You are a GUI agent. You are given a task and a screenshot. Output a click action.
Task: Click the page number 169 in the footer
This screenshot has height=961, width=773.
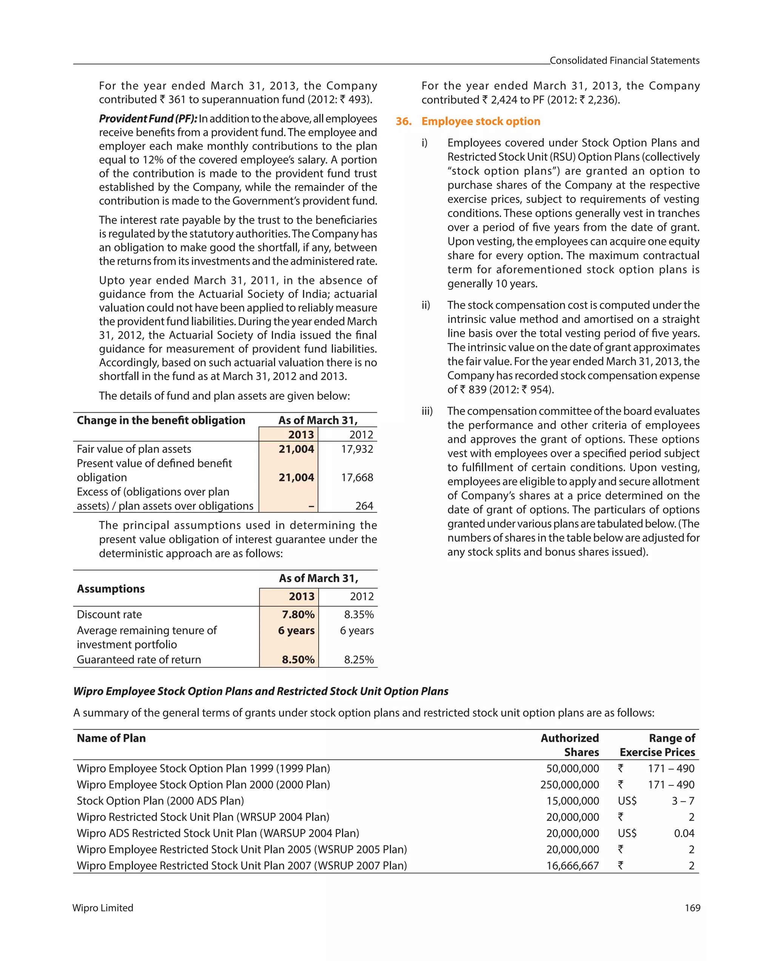(x=692, y=908)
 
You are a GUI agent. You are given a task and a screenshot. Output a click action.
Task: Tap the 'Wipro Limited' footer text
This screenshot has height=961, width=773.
(x=103, y=908)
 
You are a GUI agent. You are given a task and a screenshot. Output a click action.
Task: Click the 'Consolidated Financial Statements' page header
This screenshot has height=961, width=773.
(x=624, y=61)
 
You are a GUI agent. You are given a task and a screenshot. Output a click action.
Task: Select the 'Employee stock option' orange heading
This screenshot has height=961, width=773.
(x=480, y=121)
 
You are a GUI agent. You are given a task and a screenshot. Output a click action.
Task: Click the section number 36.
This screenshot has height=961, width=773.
(x=403, y=121)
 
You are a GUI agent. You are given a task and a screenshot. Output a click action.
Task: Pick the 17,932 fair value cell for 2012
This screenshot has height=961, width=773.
(x=357, y=449)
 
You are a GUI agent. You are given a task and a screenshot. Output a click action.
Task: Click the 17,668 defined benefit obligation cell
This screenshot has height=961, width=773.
(x=357, y=477)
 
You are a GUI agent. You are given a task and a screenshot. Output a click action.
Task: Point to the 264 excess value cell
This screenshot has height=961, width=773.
(x=364, y=506)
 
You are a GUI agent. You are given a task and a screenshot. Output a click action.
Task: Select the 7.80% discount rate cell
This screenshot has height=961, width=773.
(x=298, y=614)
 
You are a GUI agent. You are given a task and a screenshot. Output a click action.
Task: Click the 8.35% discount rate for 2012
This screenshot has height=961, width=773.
(x=359, y=614)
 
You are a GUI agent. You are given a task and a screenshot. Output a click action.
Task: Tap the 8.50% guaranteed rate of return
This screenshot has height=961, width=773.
(x=298, y=659)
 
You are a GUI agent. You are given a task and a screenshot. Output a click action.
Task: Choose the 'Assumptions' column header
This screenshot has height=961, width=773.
(x=111, y=589)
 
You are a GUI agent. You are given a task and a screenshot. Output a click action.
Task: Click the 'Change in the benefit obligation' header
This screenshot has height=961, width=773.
(x=161, y=420)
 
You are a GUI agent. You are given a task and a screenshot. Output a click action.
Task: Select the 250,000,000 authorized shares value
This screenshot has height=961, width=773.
(x=569, y=784)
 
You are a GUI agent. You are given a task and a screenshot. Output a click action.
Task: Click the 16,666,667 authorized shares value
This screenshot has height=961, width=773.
(x=573, y=866)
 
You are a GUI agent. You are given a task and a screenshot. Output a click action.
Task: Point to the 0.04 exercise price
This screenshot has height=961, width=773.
(x=684, y=833)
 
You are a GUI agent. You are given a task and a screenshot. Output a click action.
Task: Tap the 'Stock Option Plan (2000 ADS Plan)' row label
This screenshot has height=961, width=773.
(x=160, y=801)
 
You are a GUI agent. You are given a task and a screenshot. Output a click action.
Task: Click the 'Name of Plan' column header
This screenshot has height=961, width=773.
(x=111, y=738)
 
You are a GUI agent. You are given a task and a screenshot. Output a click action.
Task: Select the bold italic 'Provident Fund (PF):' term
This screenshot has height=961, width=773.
(x=148, y=119)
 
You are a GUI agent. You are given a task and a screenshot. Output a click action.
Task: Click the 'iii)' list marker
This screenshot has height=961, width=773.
(x=427, y=411)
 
